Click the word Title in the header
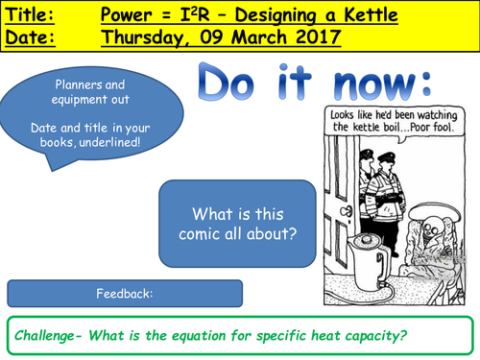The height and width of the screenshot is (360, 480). pos(28,15)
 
